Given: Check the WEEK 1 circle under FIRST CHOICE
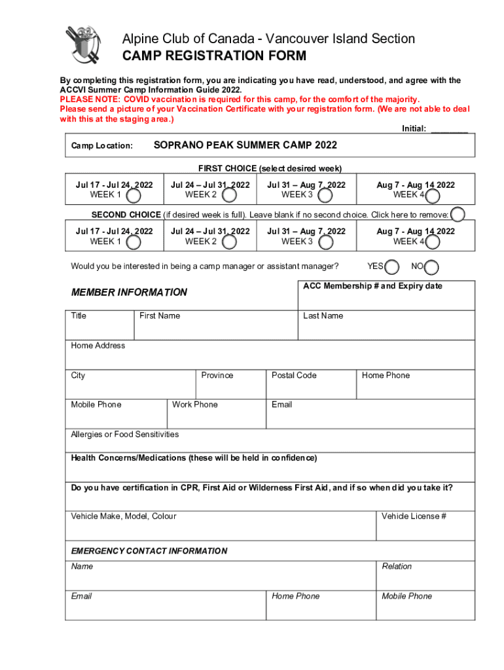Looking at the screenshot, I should click(x=133, y=195).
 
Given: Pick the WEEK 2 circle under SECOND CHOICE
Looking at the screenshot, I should click(x=229, y=242).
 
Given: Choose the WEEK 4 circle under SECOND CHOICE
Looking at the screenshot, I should click(x=433, y=242).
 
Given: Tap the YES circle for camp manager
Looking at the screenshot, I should click(x=392, y=267).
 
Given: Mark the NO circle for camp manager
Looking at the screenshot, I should click(x=432, y=267).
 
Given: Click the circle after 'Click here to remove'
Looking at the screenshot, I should click(x=458, y=215).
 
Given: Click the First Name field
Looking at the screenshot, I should click(x=216, y=328).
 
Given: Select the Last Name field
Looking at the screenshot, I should click(x=386, y=328).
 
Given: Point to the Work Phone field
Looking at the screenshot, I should click(x=216, y=417).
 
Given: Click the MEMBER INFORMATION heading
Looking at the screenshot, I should click(x=129, y=292).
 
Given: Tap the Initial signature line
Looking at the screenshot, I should click(x=449, y=130).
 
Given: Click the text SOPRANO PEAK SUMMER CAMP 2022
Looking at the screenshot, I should click(x=245, y=145).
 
